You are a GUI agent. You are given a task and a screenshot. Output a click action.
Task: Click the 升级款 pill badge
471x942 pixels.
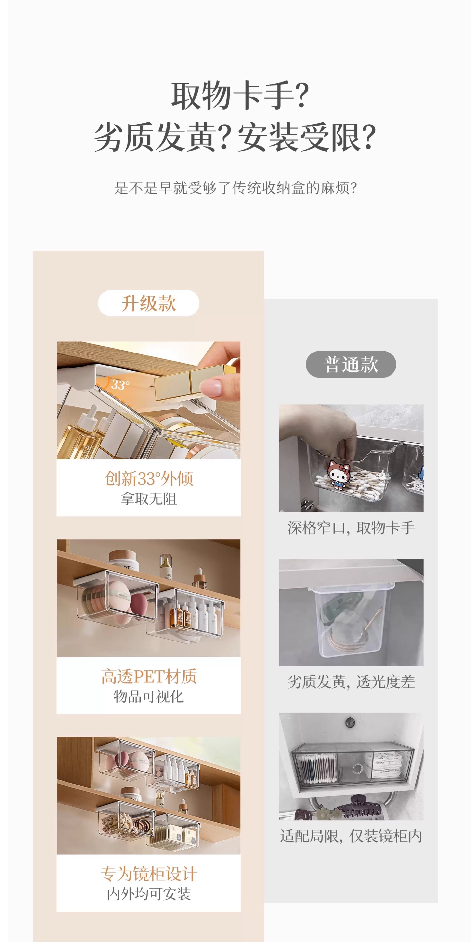pyautogui.click(x=148, y=303)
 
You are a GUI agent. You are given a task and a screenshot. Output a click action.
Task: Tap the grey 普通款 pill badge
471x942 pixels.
pyautogui.click(x=351, y=365)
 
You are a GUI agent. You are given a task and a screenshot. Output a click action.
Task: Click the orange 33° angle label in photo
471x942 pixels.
pyautogui.click(x=119, y=385)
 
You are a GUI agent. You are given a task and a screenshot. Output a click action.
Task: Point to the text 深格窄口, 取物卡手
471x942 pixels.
pyautogui.click(x=351, y=528)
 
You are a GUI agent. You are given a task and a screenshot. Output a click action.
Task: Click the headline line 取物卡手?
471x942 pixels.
pyautogui.click(x=240, y=96)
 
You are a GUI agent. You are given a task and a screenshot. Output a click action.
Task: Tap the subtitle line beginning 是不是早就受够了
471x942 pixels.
pyautogui.click(x=235, y=188)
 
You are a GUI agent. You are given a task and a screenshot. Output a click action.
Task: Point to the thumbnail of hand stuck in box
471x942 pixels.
pyautogui.click(x=351, y=458)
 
